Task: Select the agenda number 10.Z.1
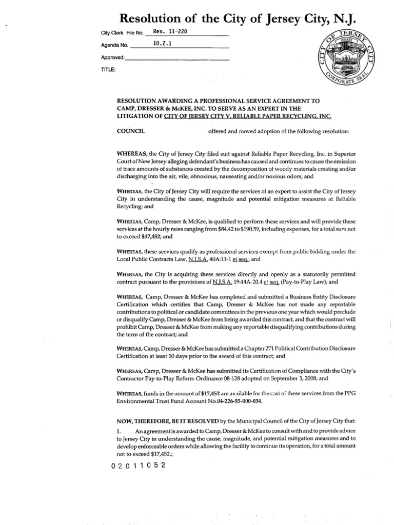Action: point(163,44)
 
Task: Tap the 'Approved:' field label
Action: point(113,57)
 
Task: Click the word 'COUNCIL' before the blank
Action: point(131,131)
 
